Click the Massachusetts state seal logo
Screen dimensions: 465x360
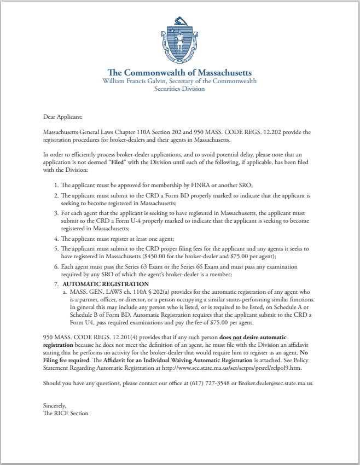(x=179, y=44)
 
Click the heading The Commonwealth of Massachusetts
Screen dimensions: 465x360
(x=179, y=72)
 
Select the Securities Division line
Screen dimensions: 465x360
(x=179, y=89)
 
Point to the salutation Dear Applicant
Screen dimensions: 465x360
(x=62, y=117)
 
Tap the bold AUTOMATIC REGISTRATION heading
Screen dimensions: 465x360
(x=106, y=284)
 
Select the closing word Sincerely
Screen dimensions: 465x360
(x=55, y=405)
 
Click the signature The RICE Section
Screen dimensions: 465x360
(x=65, y=413)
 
